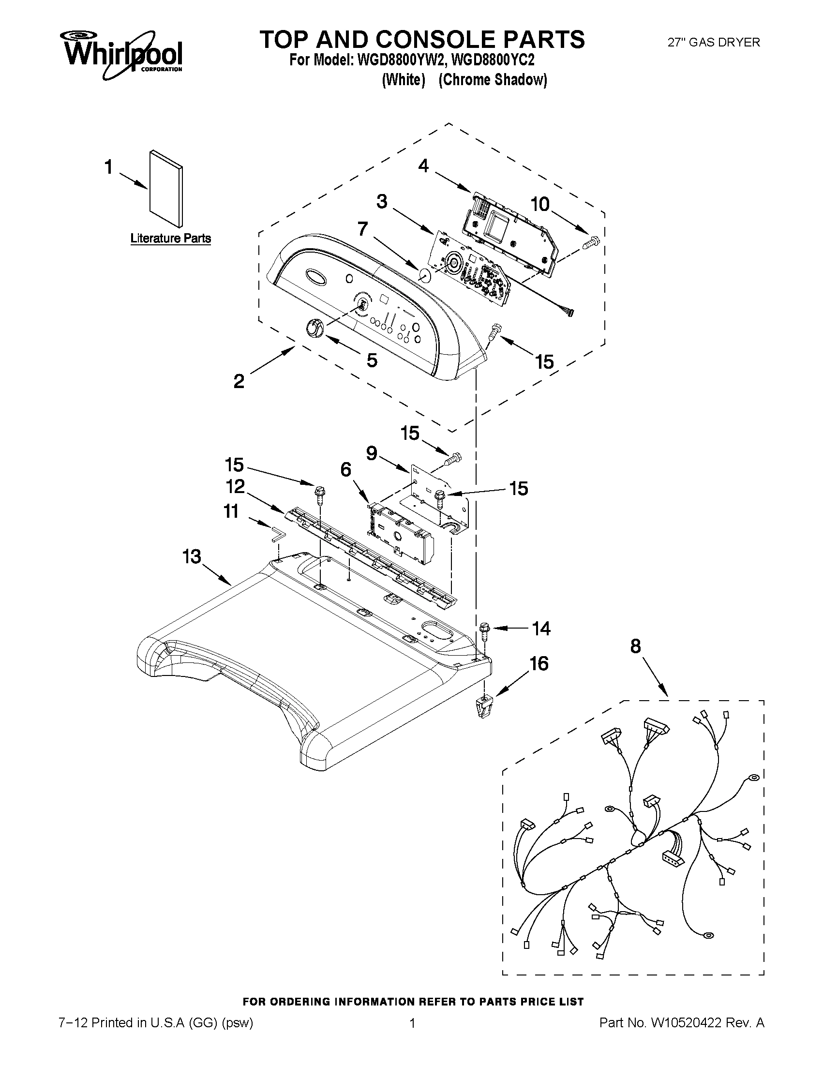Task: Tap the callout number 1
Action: (x=108, y=167)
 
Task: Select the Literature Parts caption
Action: (x=171, y=239)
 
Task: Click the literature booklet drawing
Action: (x=167, y=189)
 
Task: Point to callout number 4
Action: (x=423, y=166)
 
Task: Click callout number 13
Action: (x=192, y=556)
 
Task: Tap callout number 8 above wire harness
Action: (x=635, y=646)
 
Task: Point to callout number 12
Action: (x=235, y=486)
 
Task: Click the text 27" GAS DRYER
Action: (x=713, y=43)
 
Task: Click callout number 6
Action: (x=345, y=469)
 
